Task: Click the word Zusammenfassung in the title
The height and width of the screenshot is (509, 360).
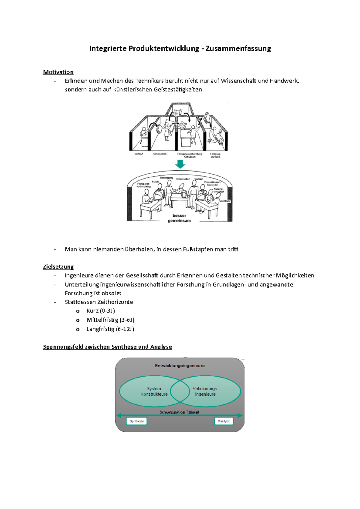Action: point(238,49)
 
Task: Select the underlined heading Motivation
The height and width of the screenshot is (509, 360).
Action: point(58,72)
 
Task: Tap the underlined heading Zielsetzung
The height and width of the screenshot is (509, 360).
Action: point(58,267)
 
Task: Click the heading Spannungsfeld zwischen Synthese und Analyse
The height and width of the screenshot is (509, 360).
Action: point(107,347)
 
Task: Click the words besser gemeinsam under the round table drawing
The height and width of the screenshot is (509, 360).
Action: point(179,218)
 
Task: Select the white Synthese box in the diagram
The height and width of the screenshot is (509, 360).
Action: point(136,421)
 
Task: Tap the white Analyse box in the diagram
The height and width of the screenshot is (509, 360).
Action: point(224,421)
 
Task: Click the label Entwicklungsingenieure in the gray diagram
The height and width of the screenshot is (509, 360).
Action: point(180,366)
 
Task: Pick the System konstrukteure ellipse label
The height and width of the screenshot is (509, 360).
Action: point(154,391)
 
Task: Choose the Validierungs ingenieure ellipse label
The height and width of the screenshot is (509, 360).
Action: point(205,391)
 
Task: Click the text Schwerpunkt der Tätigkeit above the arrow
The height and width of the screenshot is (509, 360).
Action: point(179,412)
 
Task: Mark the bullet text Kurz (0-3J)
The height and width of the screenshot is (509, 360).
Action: point(101,311)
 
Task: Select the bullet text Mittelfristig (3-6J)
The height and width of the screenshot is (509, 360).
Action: point(110,320)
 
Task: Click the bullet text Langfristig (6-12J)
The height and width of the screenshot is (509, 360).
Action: point(110,329)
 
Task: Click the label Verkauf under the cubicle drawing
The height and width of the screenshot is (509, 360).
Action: point(139,154)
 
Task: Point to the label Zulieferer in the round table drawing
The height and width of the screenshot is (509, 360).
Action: point(225,201)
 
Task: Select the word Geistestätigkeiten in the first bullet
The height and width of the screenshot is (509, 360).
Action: point(178,89)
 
